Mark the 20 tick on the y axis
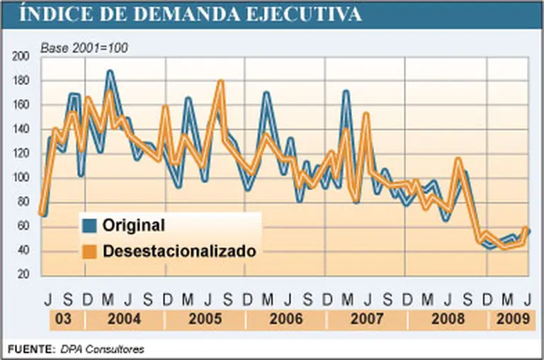pyautogui.click(x=24, y=274)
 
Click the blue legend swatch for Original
pyautogui.click(x=89, y=227)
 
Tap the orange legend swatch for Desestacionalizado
pyautogui.click(x=89, y=251)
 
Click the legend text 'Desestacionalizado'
pyautogui.click(x=178, y=251)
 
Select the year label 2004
pyautogui.click(x=125, y=319)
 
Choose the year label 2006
pyautogui.click(x=285, y=319)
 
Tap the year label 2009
pyautogui.click(x=511, y=319)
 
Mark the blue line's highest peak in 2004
pyautogui.click(x=110, y=72)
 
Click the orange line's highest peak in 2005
pyautogui.click(x=220, y=81)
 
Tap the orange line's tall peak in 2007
pyautogui.click(x=365, y=113)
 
